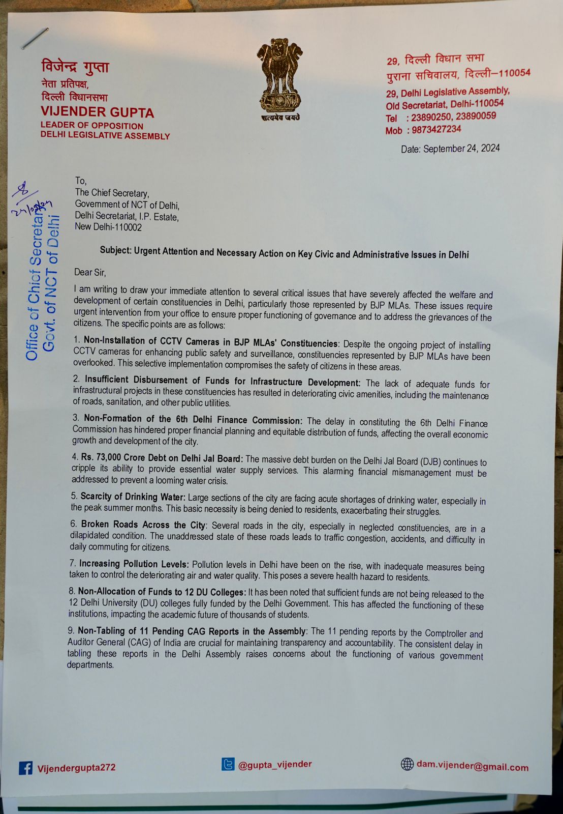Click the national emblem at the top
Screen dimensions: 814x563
pyautogui.click(x=279, y=76)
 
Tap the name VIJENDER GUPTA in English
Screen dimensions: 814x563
pyautogui.click(x=97, y=112)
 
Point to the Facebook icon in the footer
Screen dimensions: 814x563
pyautogui.click(x=25, y=768)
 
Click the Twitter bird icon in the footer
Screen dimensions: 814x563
pyautogui.click(x=228, y=764)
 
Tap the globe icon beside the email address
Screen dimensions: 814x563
pyautogui.click(x=407, y=764)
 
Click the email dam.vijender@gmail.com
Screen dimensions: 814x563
pyautogui.click(x=472, y=766)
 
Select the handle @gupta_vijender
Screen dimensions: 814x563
pyautogui.click(x=275, y=764)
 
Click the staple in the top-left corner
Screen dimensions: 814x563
pyautogui.click(x=35, y=39)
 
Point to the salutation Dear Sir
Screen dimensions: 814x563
pyautogui.click(x=90, y=273)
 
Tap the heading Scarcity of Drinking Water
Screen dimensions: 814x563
pyautogui.click(x=133, y=497)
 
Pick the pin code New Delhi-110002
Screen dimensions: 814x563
pyautogui.click(x=108, y=227)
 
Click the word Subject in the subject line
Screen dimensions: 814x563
pyautogui.click(x=115, y=250)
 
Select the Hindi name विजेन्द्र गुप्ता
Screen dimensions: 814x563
pyautogui.click(x=75, y=67)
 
